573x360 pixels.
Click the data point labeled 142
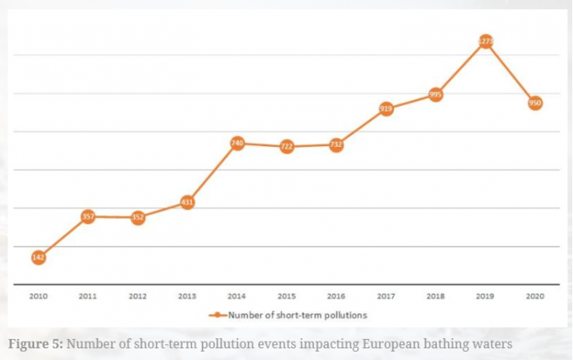click(38, 257)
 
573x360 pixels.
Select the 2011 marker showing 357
click(88, 216)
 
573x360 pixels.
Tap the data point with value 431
click(187, 202)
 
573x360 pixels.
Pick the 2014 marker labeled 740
click(237, 144)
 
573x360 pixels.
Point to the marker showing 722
click(286, 146)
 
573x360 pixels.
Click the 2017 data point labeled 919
click(386, 109)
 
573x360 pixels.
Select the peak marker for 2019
click(485, 41)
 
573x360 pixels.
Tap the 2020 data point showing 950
click(535, 103)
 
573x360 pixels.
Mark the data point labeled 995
click(435, 94)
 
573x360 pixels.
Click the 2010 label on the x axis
click(38, 296)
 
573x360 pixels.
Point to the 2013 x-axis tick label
click(187, 296)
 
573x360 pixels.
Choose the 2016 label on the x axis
click(337, 296)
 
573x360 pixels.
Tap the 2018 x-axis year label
click(435, 296)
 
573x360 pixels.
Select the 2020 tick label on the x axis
click(535, 296)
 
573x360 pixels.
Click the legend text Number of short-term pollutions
click(298, 316)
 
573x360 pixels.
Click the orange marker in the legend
click(217, 316)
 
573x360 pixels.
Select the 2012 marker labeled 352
click(138, 217)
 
